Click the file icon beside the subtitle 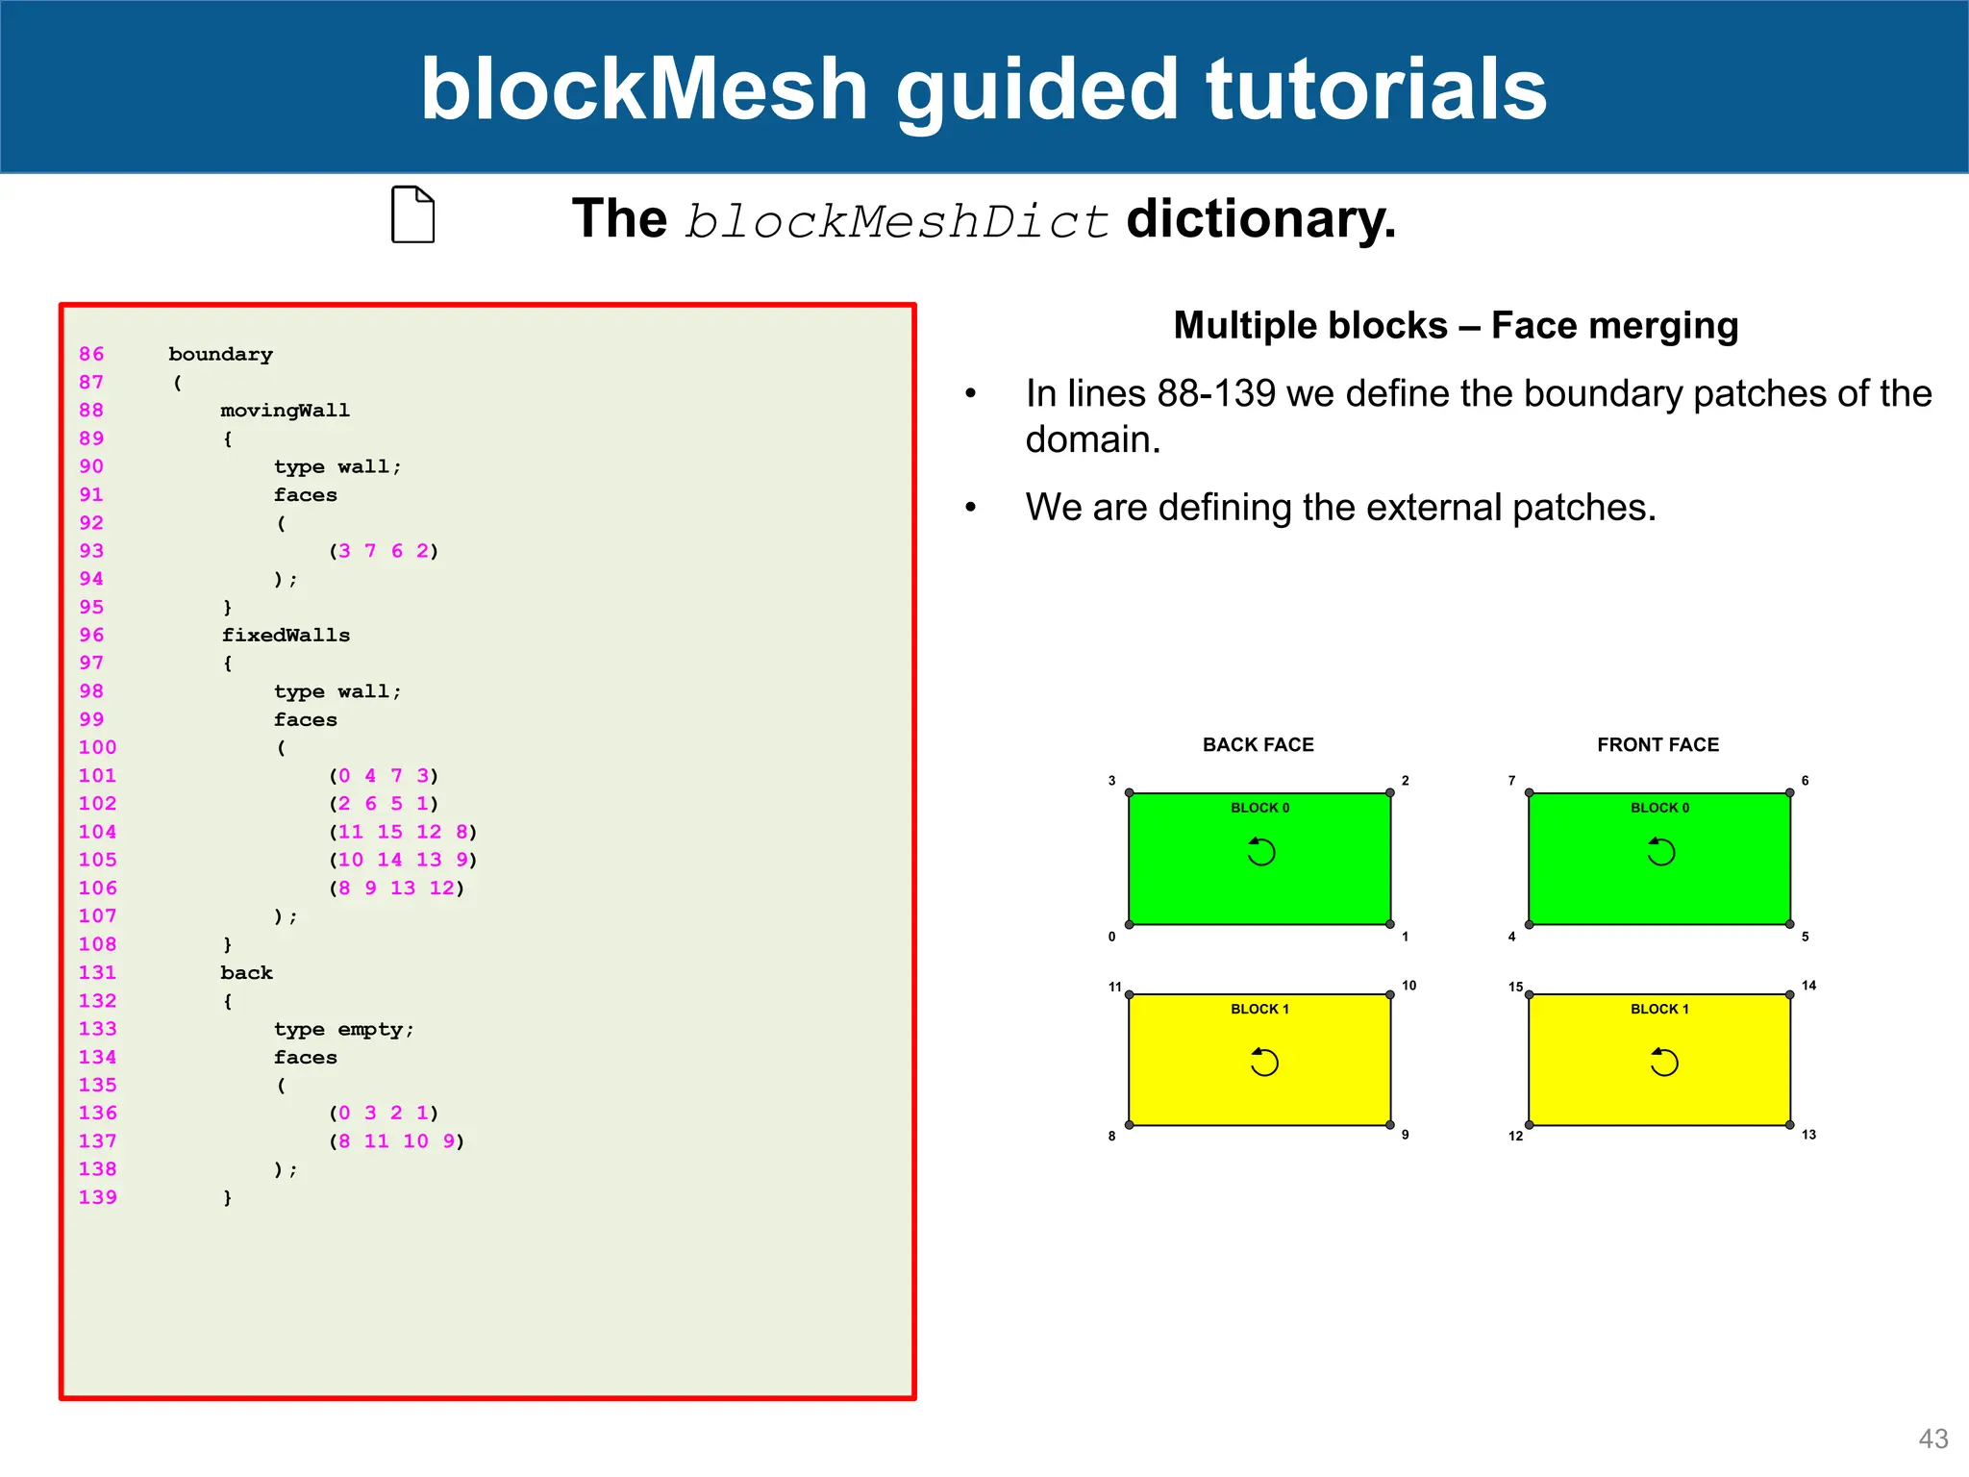(413, 214)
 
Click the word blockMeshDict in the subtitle (896, 222)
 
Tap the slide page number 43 (1932, 1439)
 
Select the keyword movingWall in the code (285, 411)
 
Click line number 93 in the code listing (91, 551)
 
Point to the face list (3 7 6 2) (384, 551)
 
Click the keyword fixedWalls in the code (286, 636)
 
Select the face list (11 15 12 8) (403, 832)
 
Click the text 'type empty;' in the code (343, 1029)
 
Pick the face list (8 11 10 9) (396, 1141)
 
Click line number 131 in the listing (97, 973)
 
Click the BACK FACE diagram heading (1258, 745)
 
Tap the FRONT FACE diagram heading (1657, 745)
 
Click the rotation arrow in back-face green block (1260, 852)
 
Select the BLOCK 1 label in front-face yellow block (1659, 1009)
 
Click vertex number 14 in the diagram (1808, 986)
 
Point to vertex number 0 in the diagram (1111, 937)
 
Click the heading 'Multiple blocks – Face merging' (1456, 326)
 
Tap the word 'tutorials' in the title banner (1376, 88)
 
